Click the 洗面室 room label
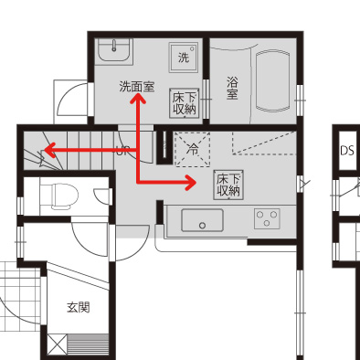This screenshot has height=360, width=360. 137,87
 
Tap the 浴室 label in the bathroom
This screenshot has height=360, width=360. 232,88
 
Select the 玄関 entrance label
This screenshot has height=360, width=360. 79,307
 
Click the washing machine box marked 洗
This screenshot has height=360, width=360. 184,58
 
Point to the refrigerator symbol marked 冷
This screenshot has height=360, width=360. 193,149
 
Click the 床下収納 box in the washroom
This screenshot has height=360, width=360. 185,103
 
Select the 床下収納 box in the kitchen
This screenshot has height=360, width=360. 228,185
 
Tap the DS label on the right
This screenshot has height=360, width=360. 347,151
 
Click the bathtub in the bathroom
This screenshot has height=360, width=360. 273,81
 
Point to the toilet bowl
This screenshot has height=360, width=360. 64,196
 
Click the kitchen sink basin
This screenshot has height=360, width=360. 202,220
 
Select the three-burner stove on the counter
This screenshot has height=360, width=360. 267,218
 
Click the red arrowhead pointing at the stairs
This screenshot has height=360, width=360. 49,150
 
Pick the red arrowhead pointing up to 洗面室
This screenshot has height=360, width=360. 138,98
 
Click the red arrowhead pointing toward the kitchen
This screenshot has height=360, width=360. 191,183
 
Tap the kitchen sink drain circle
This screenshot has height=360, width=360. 202,226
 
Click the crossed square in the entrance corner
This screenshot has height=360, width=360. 57,344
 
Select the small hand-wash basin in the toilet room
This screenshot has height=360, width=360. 101,196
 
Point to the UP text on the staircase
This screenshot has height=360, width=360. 122,151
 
